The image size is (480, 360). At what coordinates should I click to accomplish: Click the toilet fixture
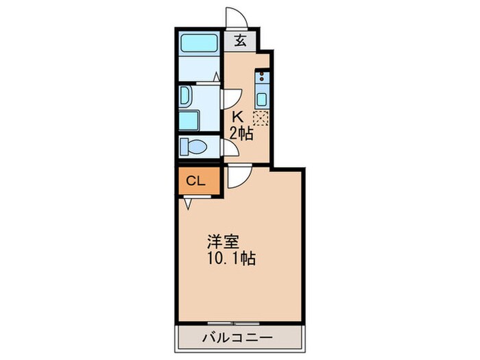click(x=195, y=147)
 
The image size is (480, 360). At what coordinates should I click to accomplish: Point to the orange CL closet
click(x=196, y=182)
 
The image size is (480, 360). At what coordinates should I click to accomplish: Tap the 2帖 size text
click(x=241, y=134)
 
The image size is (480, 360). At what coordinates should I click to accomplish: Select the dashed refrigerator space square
click(x=261, y=118)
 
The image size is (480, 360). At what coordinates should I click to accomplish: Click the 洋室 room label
click(x=224, y=243)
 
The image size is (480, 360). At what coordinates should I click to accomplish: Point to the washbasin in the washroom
click(x=187, y=96)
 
